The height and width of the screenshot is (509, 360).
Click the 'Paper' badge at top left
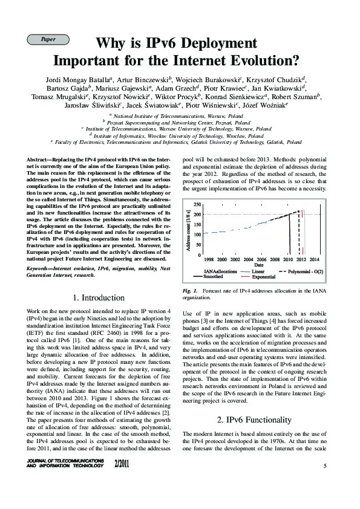48,39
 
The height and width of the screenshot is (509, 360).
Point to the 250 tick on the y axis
197,205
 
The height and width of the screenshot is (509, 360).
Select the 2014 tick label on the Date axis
315,259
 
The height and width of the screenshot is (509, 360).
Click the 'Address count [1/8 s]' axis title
189,230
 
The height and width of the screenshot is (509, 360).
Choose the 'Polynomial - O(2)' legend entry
306,271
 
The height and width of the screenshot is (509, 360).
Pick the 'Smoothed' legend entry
213,276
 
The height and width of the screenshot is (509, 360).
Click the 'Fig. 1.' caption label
191,291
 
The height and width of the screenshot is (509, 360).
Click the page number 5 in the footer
324,465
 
